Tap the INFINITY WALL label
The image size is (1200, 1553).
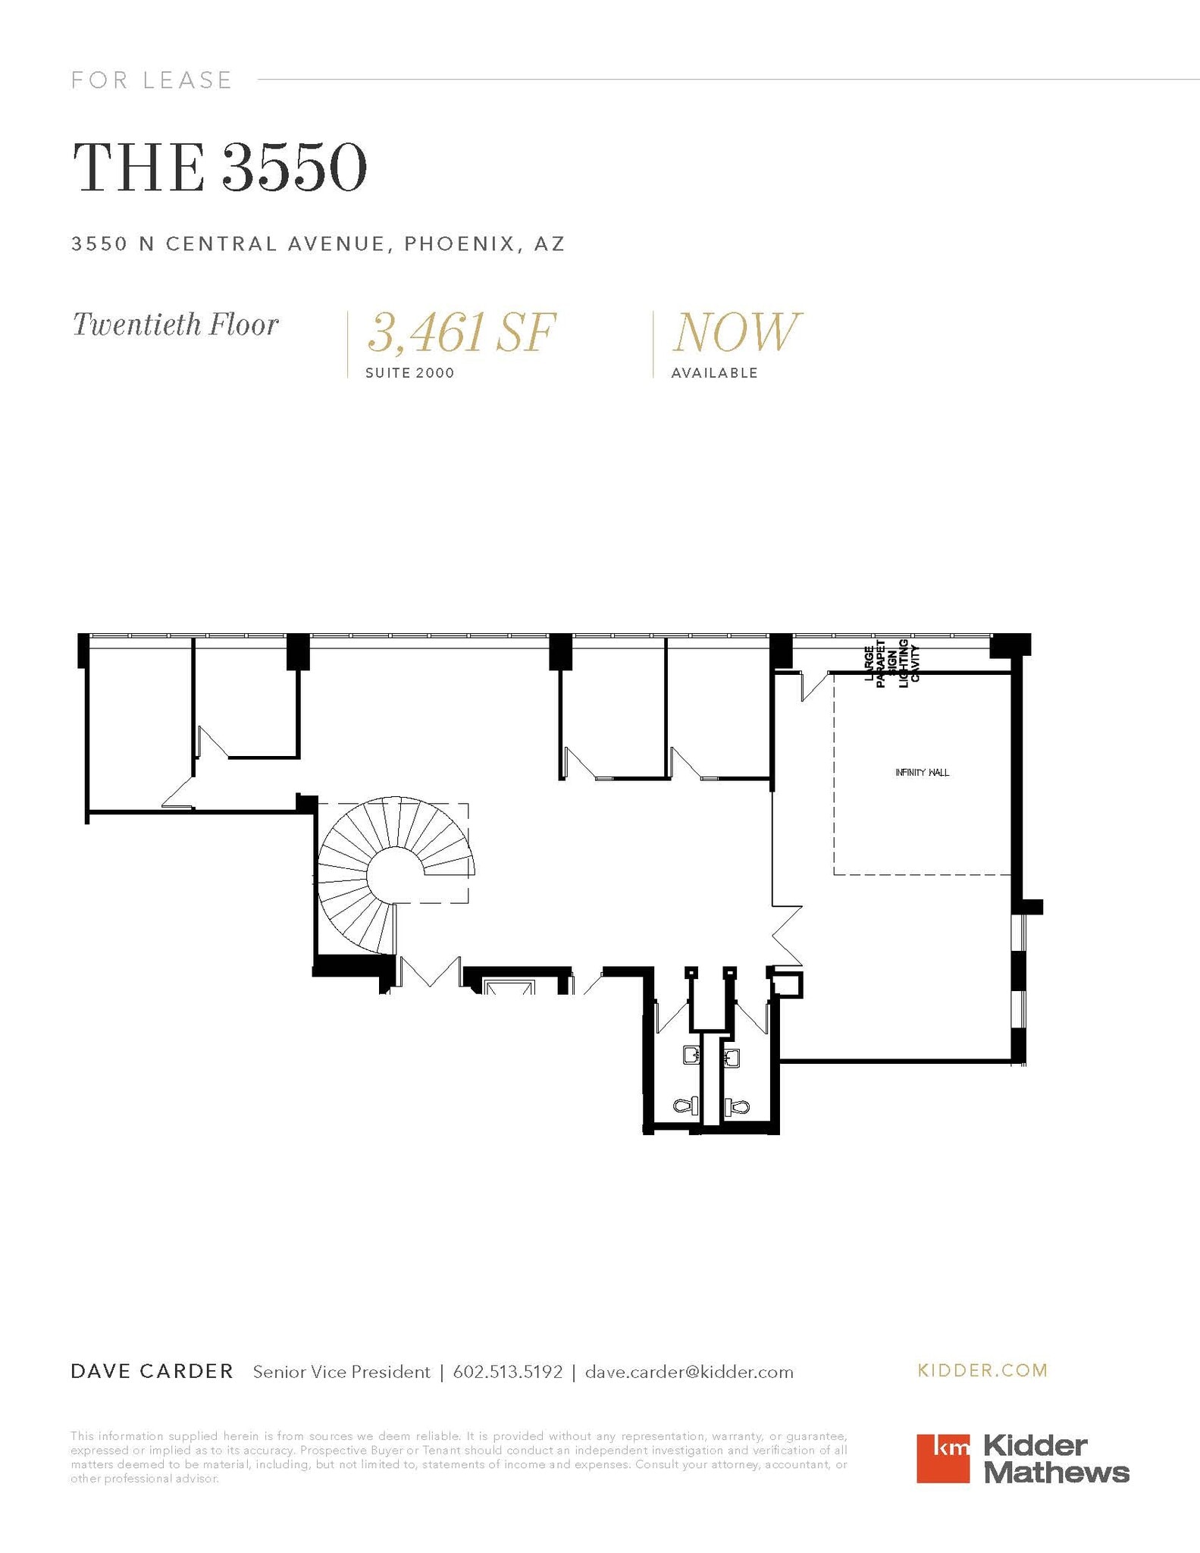click(922, 773)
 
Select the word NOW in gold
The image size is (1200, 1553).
click(735, 333)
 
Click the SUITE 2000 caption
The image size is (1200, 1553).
click(409, 373)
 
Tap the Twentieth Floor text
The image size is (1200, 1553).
click(175, 325)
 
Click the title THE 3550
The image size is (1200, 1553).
click(220, 168)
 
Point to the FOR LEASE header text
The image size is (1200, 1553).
click(152, 80)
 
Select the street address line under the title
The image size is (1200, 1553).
click(318, 244)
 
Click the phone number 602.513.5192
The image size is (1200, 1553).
click(507, 1372)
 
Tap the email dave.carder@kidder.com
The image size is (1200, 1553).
click(689, 1372)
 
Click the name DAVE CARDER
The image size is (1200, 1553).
click(152, 1371)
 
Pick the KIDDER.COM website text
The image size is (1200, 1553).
click(982, 1370)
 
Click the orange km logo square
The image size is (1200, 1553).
click(942, 1458)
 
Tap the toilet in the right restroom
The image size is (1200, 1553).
click(736, 1108)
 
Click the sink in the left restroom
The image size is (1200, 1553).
click(691, 1055)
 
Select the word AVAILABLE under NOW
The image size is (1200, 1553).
click(714, 373)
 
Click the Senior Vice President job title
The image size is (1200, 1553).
click(341, 1372)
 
